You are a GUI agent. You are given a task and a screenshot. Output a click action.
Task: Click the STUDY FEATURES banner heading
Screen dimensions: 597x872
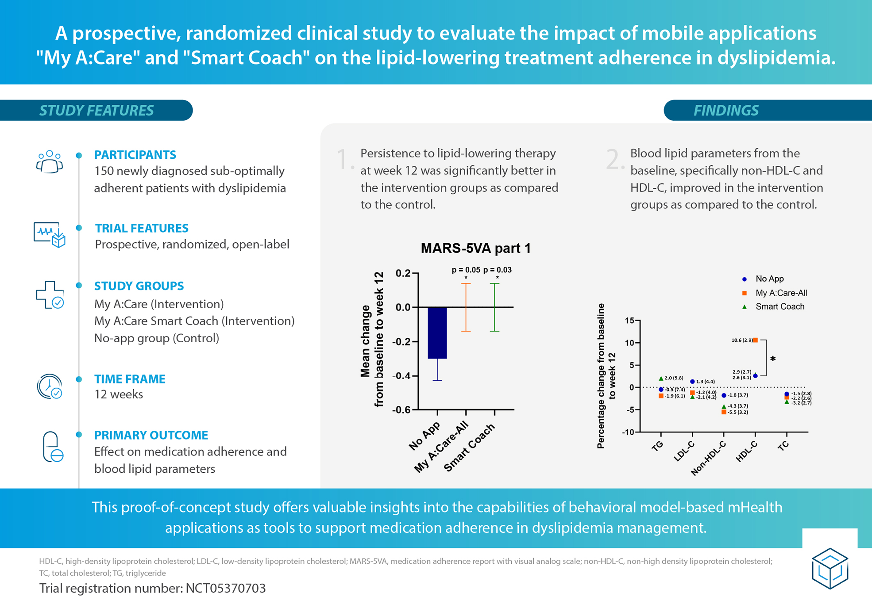click(96, 110)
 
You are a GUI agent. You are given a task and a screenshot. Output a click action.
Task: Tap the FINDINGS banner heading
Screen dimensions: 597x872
click(726, 110)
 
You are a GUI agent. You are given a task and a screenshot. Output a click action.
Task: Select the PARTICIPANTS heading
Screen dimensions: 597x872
click(135, 154)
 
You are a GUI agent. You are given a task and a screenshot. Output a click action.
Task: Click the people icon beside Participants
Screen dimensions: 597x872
click(49, 162)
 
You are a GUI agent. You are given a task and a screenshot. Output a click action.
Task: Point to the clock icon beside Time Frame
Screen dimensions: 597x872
click(50, 387)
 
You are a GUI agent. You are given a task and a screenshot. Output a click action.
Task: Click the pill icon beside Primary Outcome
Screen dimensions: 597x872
click(52, 447)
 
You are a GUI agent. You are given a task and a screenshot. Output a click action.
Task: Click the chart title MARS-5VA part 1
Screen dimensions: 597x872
click(475, 248)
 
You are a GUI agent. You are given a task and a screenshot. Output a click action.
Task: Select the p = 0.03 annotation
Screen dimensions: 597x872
click(498, 270)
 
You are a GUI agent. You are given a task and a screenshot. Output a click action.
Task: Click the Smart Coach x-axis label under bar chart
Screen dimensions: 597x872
click(469, 447)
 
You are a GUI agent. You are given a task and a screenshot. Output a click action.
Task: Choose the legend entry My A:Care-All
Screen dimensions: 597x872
click(781, 293)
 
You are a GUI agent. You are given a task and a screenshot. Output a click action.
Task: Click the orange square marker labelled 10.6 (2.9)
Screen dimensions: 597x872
click(756, 340)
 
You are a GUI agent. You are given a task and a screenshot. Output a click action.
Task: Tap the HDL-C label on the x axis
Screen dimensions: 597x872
click(747, 452)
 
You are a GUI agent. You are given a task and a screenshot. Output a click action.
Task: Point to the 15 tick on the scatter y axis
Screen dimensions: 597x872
click(629, 320)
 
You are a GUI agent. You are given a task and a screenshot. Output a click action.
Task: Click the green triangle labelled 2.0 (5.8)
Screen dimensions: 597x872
click(661, 379)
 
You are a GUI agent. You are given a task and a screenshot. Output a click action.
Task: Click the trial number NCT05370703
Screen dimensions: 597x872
click(226, 588)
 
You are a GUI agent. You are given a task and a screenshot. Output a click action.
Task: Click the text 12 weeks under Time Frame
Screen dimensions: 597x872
click(119, 394)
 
